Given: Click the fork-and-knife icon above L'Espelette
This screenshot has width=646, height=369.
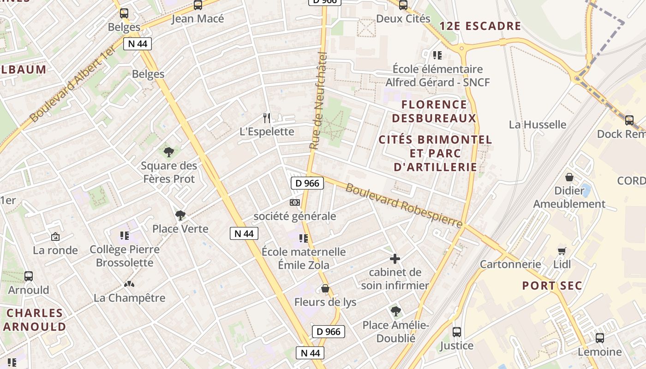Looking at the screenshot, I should point(267,118).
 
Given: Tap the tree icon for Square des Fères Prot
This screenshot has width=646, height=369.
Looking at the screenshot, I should point(169,152).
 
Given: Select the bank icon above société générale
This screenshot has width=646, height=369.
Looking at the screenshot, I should point(294,202).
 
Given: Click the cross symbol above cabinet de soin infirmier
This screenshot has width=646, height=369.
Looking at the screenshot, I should point(395,259).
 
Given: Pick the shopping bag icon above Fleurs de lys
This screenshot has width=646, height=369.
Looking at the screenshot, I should point(325,289).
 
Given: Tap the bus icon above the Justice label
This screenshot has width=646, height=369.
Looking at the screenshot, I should point(457,332).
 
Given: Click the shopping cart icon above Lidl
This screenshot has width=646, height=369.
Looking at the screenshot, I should point(562,251).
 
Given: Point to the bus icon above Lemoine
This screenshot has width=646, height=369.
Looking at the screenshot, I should point(600,338).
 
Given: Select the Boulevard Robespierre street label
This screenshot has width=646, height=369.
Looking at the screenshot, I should point(404,206).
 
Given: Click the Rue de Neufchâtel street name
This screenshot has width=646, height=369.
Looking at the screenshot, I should point(318,101).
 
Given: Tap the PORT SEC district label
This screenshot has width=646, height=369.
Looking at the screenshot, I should point(552,286).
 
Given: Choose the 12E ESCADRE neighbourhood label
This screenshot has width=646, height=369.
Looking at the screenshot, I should point(480,26).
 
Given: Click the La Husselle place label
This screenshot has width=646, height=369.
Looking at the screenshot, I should point(538,125).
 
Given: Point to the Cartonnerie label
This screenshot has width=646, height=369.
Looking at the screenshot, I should point(510,264).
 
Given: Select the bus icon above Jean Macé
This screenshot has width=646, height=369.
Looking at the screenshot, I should point(198,5).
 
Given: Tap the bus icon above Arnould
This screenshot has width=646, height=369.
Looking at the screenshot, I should point(29,276).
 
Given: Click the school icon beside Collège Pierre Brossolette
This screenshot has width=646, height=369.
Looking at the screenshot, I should point(124,236).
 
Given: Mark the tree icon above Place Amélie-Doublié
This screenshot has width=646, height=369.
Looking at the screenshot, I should point(395,311).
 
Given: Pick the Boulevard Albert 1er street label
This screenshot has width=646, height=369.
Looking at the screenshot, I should point(73,84).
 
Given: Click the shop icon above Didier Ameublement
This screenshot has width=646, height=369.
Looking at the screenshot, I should point(569,177).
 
